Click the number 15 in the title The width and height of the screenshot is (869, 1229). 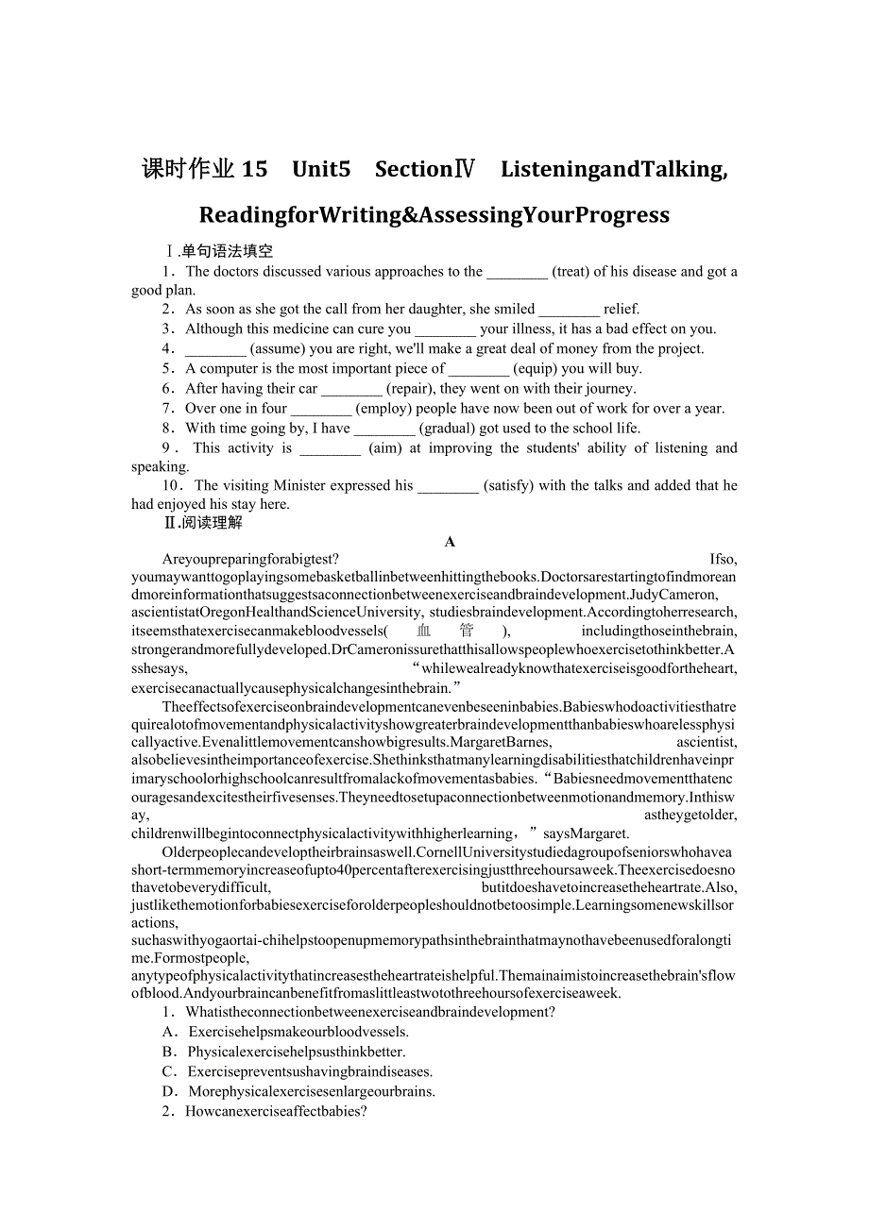(x=255, y=169)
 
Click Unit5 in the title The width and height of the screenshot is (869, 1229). (x=321, y=169)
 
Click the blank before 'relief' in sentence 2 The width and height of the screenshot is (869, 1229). (x=569, y=310)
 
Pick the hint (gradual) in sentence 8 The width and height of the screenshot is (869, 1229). (x=449, y=429)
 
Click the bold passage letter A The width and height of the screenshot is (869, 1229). (x=450, y=542)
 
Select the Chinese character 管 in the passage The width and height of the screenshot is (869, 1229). (x=467, y=631)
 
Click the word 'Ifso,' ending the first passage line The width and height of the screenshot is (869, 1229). (x=723, y=559)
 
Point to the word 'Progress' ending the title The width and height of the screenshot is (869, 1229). (x=617, y=215)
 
